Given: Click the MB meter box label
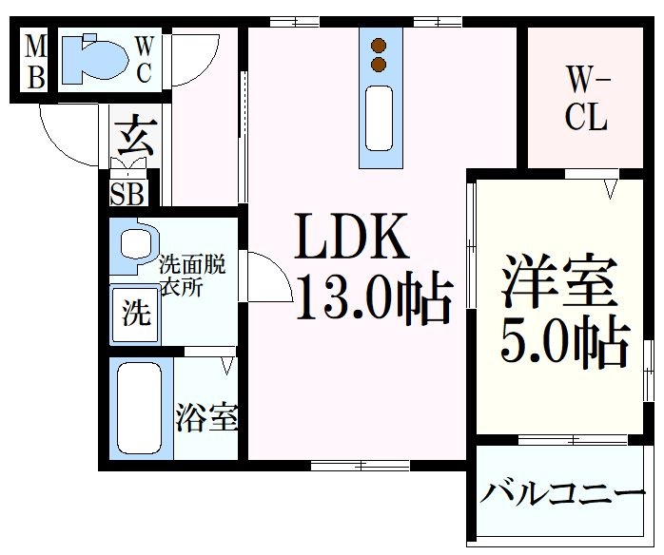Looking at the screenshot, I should point(34,61).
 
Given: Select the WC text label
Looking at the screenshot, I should point(144,59).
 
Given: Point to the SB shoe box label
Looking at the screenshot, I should point(128,194).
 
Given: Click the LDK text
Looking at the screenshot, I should point(351,239).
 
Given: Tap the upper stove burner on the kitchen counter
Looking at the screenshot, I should point(380,46).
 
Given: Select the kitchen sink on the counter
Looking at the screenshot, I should point(380,119).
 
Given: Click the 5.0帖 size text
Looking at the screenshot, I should point(565,344).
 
